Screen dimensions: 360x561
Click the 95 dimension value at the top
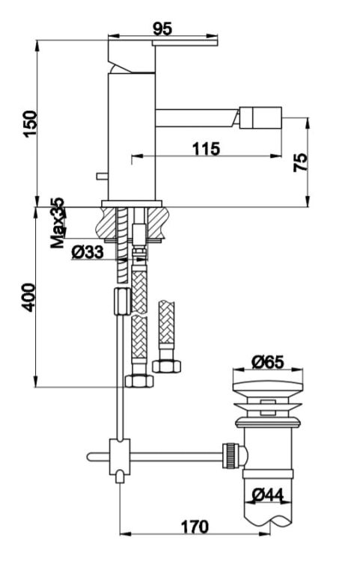[162, 29]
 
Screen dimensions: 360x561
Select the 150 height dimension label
[30, 123]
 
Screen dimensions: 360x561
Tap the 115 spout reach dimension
[206, 149]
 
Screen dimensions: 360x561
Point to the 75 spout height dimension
[300, 162]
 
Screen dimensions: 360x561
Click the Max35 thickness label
[57, 223]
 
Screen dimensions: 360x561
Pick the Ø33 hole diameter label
[88, 252]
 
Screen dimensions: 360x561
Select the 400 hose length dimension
[28, 297]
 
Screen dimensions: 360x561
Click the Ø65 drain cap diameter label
[268, 362]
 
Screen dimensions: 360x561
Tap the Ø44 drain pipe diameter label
[267, 495]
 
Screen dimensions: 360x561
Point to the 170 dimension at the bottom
[195, 527]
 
